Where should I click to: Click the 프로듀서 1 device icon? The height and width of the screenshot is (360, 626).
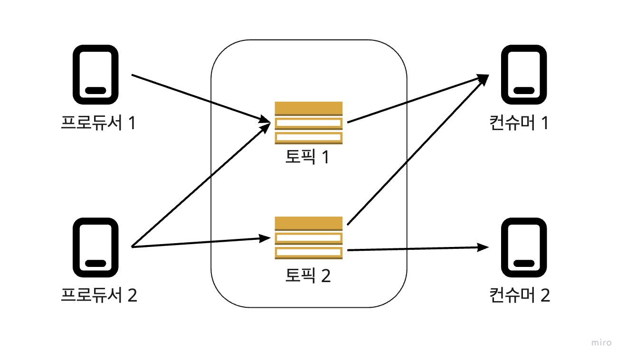(x=95, y=75)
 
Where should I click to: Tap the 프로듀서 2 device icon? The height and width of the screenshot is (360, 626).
(x=95, y=247)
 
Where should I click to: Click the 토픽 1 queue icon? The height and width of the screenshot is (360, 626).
(x=308, y=123)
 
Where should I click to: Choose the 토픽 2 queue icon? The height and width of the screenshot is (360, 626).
(x=308, y=237)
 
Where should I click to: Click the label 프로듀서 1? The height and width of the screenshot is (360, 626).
(x=98, y=123)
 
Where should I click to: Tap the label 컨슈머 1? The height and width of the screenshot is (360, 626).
(x=519, y=123)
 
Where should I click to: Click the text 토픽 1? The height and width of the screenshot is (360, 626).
(x=307, y=157)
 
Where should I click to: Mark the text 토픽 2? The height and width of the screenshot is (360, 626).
(x=307, y=275)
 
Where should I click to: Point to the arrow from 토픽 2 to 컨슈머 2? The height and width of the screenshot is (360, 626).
(x=418, y=248)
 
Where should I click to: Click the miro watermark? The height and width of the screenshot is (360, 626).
(x=601, y=342)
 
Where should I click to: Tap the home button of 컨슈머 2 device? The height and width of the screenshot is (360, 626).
(x=521, y=263)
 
